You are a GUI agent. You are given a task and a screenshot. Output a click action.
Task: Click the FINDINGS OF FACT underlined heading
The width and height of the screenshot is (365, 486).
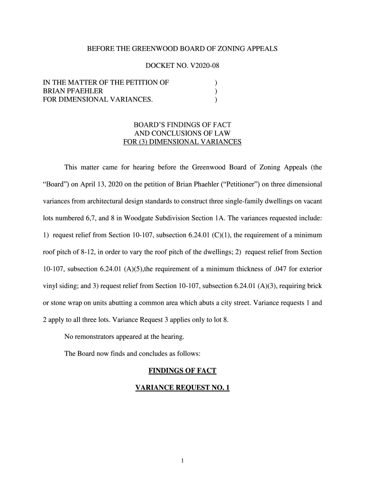(182, 370)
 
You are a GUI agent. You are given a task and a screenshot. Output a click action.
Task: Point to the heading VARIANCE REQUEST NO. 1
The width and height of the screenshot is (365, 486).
(182, 388)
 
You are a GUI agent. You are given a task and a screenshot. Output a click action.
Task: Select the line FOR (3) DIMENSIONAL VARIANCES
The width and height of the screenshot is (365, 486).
(182, 142)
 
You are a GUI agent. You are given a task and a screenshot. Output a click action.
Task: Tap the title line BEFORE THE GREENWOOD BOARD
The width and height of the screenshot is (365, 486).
(182, 48)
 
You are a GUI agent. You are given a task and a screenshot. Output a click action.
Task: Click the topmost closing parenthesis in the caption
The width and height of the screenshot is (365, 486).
(216, 83)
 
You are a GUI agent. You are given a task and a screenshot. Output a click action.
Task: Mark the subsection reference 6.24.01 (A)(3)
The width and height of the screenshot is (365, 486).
(256, 286)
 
